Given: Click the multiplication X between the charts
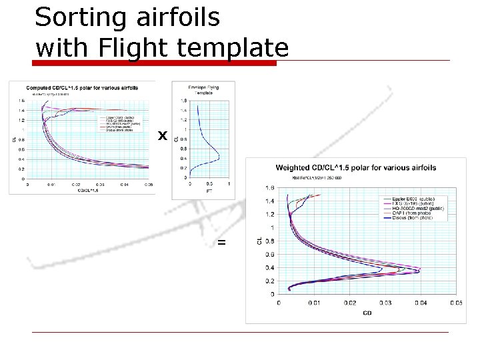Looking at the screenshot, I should (161, 136).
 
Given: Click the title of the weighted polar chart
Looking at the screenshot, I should (356, 167).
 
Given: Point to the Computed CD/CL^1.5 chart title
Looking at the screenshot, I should (82, 87).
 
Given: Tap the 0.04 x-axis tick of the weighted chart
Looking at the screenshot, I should (421, 303).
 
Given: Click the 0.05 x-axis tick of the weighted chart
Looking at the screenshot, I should (456, 303).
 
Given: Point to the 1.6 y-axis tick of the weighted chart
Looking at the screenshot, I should (270, 187).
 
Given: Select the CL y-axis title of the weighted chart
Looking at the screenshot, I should (259, 240).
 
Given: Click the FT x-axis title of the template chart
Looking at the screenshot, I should (209, 192).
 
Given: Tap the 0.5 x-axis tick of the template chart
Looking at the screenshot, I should (210, 184).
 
